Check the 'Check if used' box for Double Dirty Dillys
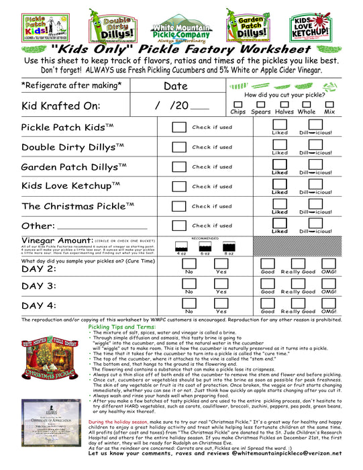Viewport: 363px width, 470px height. tap(178, 146)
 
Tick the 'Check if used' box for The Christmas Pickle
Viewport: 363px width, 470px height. tap(178, 206)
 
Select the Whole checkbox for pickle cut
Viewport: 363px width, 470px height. tap(306, 104)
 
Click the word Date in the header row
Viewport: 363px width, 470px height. tap(175, 86)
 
